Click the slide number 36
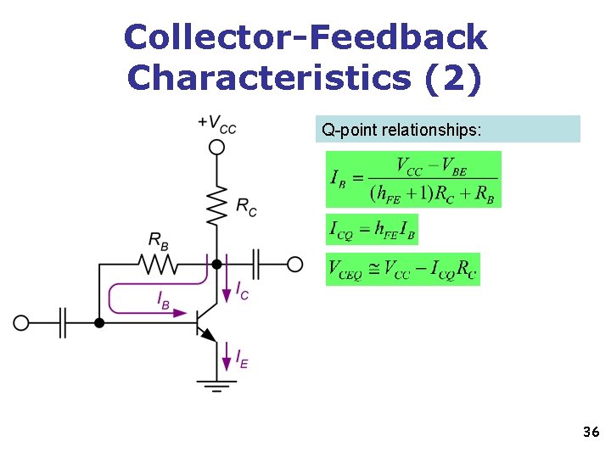(x=591, y=433)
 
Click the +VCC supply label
(x=217, y=124)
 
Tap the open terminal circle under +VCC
(x=217, y=147)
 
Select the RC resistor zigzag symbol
(x=217, y=206)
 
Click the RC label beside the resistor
(x=246, y=206)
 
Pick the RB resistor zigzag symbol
(x=159, y=265)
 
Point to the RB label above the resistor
(x=159, y=241)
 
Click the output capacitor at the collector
(x=257, y=265)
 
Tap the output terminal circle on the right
(x=294, y=265)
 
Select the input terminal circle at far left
(x=21, y=323)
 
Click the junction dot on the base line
(x=99, y=323)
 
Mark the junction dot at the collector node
(x=217, y=265)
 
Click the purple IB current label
(x=163, y=299)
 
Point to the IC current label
(x=242, y=291)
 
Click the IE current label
(x=242, y=359)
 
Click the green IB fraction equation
(x=413, y=179)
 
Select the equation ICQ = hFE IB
(x=372, y=229)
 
